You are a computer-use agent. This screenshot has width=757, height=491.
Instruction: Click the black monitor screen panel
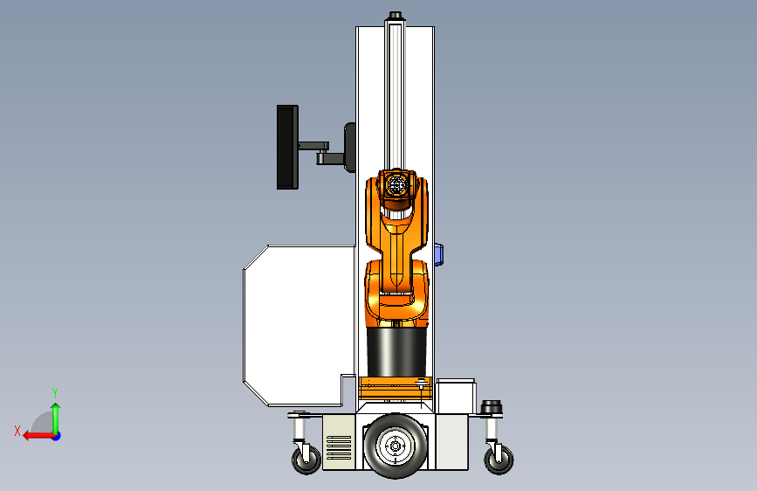click(287, 147)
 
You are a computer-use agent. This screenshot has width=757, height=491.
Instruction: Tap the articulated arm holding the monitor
click(320, 152)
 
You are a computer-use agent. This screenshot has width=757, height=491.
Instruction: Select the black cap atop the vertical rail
click(395, 16)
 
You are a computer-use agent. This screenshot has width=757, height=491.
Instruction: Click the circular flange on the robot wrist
click(396, 184)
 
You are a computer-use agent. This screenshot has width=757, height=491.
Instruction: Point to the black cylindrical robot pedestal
click(396, 352)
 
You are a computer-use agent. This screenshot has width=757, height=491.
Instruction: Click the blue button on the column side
click(438, 255)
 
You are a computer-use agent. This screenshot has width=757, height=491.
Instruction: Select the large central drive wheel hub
click(395, 446)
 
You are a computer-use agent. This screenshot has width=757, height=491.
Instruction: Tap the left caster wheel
click(306, 459)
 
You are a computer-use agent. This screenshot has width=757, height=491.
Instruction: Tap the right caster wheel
click(499, 459)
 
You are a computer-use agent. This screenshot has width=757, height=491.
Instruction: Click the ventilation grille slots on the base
click(339, 447)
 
